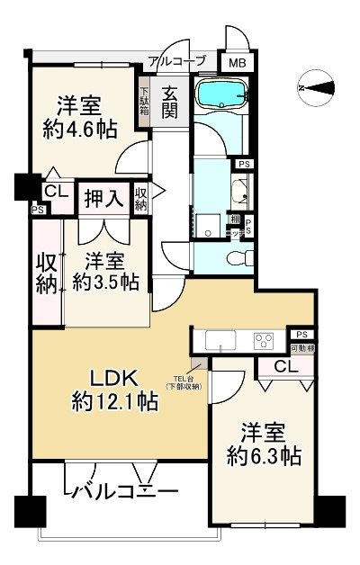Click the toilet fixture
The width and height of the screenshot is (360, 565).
237,258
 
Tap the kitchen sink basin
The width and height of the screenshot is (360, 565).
220,340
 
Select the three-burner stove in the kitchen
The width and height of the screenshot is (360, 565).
264,341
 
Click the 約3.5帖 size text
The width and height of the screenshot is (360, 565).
105,282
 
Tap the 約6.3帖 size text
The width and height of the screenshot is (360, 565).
264,456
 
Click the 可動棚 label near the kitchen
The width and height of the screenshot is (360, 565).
301,348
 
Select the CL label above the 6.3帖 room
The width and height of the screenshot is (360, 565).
283,366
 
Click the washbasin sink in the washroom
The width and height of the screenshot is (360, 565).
240,192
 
